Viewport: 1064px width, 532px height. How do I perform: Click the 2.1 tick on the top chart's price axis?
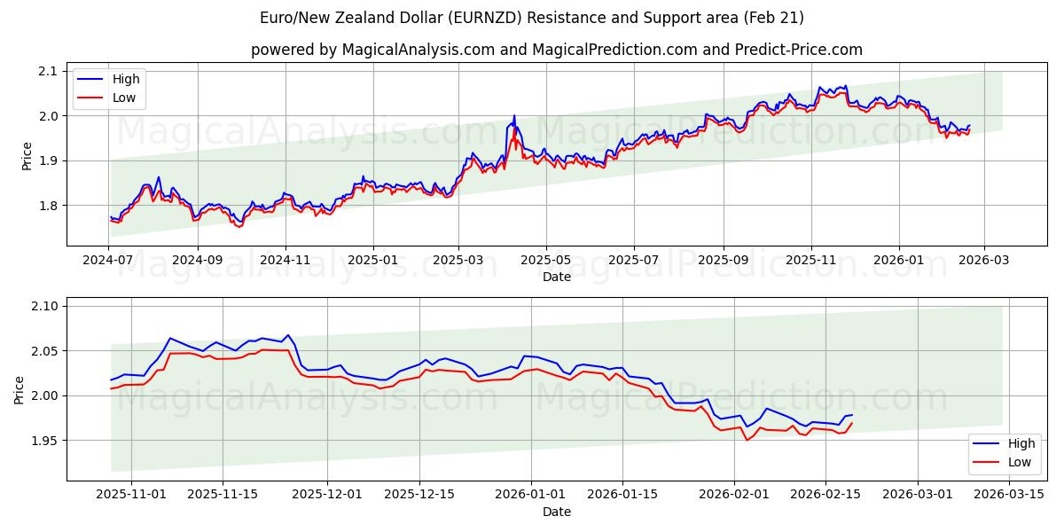tap(47, 71)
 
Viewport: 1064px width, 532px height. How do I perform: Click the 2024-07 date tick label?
tap(109, 261)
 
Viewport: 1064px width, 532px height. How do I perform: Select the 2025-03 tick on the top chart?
tap(458, 261)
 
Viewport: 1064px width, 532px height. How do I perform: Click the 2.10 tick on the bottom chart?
tap(43, 306)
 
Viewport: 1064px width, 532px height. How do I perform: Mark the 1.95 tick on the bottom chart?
tap(43, 441)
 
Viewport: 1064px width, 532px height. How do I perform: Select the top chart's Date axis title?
tap(557, 278)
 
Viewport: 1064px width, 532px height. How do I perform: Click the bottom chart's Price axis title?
tap(20, 389)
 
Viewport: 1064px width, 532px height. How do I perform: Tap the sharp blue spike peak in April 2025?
tap(514, 115)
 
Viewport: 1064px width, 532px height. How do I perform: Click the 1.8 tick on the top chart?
tap(47, 206)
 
